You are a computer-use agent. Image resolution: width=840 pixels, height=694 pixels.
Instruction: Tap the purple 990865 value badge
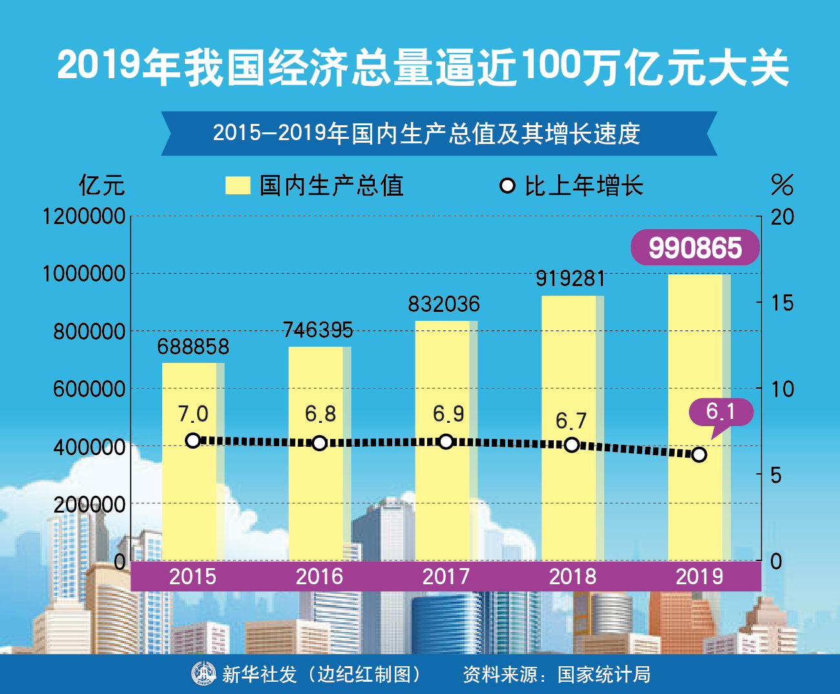pos(695,248)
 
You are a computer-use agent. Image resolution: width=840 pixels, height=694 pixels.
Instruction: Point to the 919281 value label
pos(571,278)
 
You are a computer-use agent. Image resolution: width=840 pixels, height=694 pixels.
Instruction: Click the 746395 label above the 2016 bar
pos(318,330)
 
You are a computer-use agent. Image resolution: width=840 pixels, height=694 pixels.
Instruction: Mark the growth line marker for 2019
pos(698,454)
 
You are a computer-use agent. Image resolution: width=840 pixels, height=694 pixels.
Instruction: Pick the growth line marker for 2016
pos(319,443)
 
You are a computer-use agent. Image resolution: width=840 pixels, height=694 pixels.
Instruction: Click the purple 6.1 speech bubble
pos(720,411)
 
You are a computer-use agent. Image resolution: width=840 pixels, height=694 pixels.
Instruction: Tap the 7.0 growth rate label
pos(193,413)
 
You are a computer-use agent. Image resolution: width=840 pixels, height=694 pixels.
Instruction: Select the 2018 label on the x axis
pos(572,576)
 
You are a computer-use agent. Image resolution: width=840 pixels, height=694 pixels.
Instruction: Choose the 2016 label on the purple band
pos(319,576)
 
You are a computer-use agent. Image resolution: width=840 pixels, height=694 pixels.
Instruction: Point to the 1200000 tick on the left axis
pos(84,216)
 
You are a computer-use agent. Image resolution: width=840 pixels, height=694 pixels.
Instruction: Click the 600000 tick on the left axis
pos(89,389)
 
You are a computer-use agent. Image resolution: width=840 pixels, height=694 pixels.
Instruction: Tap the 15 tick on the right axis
pos(782,303)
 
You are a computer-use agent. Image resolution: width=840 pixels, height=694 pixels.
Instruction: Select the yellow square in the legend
pos(237,185)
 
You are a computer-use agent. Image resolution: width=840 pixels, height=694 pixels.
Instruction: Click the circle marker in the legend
pos(507,186)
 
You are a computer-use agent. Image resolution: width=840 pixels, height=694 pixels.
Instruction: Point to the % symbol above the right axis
pos(782,185)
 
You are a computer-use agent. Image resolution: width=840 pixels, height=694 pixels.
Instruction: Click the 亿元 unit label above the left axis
pos(101,185)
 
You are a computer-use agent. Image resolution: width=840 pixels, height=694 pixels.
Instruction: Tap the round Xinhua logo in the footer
pos(204,673)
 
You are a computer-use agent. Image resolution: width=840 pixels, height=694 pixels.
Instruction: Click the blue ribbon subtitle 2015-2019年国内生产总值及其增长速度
pos(426,134)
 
